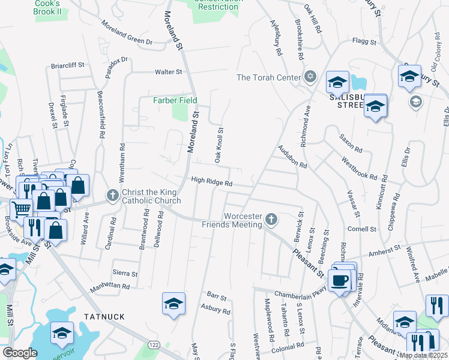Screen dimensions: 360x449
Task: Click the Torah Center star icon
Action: pyautogui.click(x=310, y=76)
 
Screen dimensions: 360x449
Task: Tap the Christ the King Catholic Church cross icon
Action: pyautogui.click(x=112, y=195)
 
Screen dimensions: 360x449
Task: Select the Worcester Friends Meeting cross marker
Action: pyautogui.click(x=271, y=219)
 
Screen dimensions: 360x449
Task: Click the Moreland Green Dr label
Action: pyautogui.click(x=127, y=34)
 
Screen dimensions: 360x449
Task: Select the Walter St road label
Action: pyautogui.click(x=168, y=72)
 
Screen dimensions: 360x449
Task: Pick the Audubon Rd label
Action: pyautogui.click(x=292, y=157)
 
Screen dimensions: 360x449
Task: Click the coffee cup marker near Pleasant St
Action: pyautogui.click(x=340, y=280)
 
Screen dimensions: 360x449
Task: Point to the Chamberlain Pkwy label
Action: pyautogui.click(x=300, y=293)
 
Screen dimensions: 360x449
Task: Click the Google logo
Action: pyautogui.click(x=20, y=353)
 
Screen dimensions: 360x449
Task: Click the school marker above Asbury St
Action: pyautogui.click(x=173, y=304)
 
